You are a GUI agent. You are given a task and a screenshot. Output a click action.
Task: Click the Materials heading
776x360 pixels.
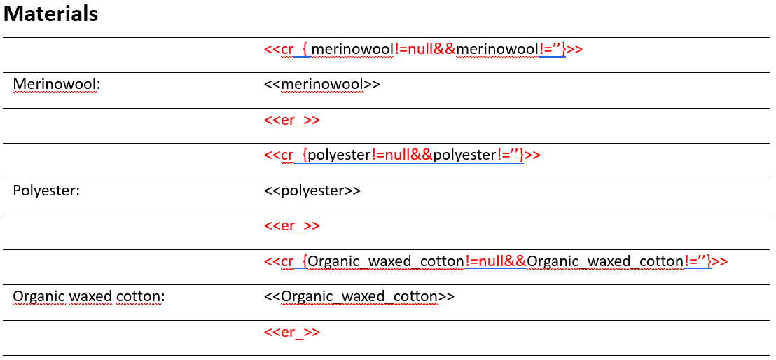pyautogui.click(x=50, y=14)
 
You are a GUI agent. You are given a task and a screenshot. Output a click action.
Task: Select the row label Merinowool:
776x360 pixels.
pyautogui.click(x=57, y=85)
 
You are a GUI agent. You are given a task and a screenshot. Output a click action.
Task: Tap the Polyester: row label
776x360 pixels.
pyautogui.click(x=46, y=191)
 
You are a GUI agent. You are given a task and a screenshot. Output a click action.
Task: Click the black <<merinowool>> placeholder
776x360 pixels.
pyautogui.click(x=322, y=85)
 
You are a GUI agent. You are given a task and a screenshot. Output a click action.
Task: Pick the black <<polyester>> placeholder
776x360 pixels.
pyautogui.click(x=312, y=191)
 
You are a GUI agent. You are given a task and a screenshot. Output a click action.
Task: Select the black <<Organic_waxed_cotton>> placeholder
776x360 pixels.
pyautogui.click(x=359, y=297)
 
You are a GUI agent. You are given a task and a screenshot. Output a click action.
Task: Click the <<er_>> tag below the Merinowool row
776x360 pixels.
pyautogui.click(x=292, y=120)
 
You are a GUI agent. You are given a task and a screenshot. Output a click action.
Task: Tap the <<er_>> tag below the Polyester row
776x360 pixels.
pyautogui.click(x=292, y=226)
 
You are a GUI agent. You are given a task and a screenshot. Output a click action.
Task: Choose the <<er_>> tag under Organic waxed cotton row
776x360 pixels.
pyautogui.click(x=292, y=332)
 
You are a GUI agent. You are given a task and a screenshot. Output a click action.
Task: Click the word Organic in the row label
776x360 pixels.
pyautogui.click(x=39, y=297)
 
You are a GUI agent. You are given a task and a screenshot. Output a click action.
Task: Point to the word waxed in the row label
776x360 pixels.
pyautogui.click(x=90, y=297)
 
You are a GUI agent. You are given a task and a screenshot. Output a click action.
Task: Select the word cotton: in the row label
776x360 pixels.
pyautogui.click(x=141, y=297)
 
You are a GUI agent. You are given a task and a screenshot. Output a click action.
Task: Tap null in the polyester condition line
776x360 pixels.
pyautogui.click(x=397, y=155)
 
